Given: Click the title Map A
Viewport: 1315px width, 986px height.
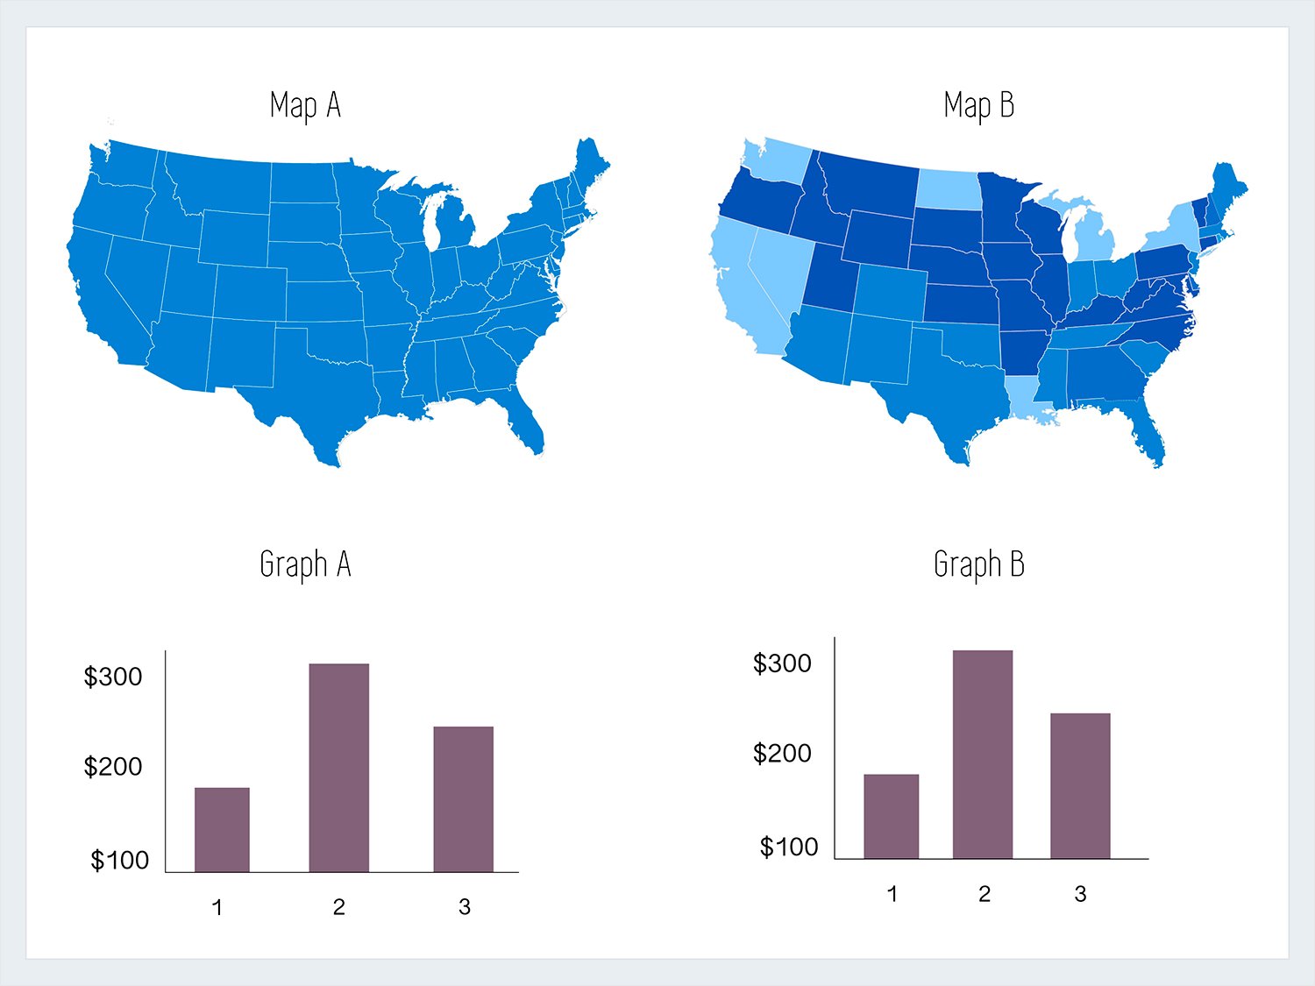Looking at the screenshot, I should click(305, 106).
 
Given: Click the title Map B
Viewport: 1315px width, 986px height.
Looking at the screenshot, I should click(978, 106).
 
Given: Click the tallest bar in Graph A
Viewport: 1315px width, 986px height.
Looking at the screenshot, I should click(338, 768).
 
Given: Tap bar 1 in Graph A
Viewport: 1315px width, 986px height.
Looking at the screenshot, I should click(222, 829).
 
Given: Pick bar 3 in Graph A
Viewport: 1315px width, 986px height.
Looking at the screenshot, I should click(463, 798).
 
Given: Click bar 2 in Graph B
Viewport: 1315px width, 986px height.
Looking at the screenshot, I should click(983, 755).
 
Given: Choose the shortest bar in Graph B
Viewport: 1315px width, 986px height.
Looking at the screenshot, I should click(891, 816).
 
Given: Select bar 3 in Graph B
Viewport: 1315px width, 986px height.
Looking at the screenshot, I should click(1080, 785).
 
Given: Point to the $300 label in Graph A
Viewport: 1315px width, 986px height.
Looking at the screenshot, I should click(112, 677).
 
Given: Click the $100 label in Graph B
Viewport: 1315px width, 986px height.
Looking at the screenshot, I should click(788, 847).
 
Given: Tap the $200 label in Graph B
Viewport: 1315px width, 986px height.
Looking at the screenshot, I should click(782, 753).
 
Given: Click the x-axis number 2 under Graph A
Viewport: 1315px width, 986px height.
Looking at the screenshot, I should click(338, 907).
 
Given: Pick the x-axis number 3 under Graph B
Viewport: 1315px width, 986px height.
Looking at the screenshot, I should click(1080, 894).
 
